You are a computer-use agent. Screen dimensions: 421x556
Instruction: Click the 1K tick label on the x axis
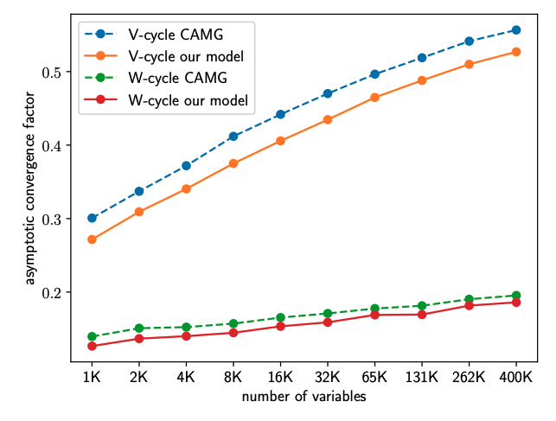click(x=92, y=378)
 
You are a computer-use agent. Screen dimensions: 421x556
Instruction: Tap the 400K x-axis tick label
click(x=516, y=378)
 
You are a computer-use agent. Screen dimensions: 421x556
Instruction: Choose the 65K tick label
click(x=374, y=378)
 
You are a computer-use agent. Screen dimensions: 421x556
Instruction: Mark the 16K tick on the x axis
click(x=280, y=378)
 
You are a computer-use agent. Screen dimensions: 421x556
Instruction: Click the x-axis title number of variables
click(x=304, y=397)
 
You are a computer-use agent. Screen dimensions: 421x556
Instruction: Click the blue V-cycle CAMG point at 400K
click(x=516, y=29)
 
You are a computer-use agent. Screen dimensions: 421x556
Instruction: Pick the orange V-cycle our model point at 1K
click(x=92, y=239)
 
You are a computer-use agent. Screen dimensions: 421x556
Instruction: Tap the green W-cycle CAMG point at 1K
click(x=92, y=336)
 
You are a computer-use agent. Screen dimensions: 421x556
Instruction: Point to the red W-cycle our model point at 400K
click(x=516, y=303)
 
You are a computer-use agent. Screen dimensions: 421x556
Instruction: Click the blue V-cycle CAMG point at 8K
click(x=233, y=136)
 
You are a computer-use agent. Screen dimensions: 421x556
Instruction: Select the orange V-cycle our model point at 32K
click(x=328, y=119)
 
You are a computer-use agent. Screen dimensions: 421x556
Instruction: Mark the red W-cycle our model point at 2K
click(x=139, y=338)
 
